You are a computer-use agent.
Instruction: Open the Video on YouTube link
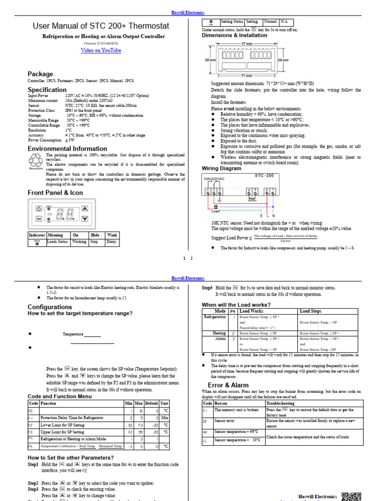[x=100, y=50]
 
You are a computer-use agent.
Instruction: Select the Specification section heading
[x=47, y=90]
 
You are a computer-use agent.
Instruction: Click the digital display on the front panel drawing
[x=66, y=214]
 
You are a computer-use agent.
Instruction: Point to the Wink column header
[x=112, y=235]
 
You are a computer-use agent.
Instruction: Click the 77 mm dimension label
[x=246, y=44]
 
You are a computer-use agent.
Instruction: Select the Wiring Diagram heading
[x=222, y=168]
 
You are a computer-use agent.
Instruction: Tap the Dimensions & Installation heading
[x=235, y=35]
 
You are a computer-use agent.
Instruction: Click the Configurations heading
[x=50, y=307]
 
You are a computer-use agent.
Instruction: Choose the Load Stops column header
[x=311, y=311]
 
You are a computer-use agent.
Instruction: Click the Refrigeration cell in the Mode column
[x=214, y=317]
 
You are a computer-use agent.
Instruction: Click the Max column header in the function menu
[x=139, y=403]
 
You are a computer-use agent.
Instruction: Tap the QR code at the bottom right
[x=351, y=495]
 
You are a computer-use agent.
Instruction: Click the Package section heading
[x=40, y=74]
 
